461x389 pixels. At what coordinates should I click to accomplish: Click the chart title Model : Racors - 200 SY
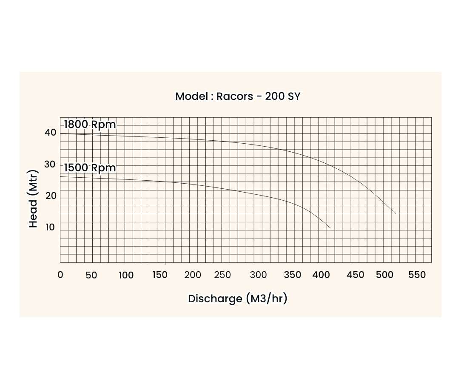(238, 96)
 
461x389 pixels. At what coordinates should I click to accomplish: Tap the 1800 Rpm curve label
(90, 125)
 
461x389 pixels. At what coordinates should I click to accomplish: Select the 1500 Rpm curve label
(90, 168)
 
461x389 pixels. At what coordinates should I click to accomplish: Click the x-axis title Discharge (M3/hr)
(238, 298)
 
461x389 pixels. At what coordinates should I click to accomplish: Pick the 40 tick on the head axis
(50, 133)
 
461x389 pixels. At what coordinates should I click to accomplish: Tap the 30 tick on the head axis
(50, 165)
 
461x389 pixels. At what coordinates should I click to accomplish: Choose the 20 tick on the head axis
(50, 197)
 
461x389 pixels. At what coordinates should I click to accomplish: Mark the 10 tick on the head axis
(50, 227)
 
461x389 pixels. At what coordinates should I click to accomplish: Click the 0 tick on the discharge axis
(60, 275)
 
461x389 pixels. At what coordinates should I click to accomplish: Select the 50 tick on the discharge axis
(91, 275)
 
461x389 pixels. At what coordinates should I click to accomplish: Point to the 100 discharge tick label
(126, 275)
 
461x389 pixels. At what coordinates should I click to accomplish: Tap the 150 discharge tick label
(160, 275)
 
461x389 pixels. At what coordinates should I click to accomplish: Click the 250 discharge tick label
(222, 275)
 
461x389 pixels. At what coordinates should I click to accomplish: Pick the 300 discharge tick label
(259, 275)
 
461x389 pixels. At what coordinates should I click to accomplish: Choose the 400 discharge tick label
(321, 275)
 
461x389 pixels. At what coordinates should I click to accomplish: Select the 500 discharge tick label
(385, 275)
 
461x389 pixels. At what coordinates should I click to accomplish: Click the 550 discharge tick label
(417, 275)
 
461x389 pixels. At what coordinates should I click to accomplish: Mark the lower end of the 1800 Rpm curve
(395, 213)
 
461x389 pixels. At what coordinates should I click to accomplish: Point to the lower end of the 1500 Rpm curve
(330, 228)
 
